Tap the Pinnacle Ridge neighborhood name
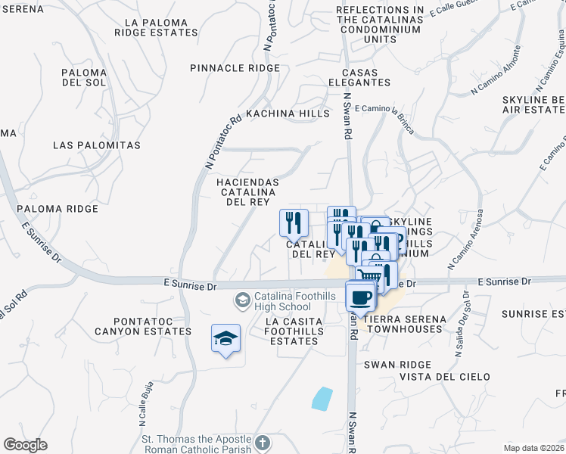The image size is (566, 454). click(235, 68)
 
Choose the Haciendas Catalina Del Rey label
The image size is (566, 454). click(248, 192)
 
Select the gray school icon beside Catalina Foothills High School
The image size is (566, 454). click(242, 300)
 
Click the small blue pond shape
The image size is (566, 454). click(322, 398)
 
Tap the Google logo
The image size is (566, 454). click(26, 445)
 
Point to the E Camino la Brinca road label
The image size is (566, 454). click(384, 115)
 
